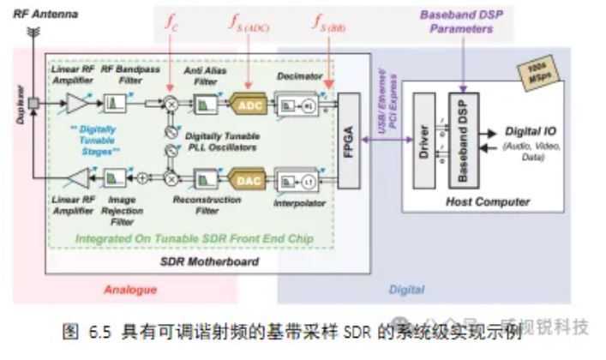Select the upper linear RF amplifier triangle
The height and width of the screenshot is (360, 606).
(77, 104)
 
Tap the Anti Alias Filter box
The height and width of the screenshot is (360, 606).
(204, 104)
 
